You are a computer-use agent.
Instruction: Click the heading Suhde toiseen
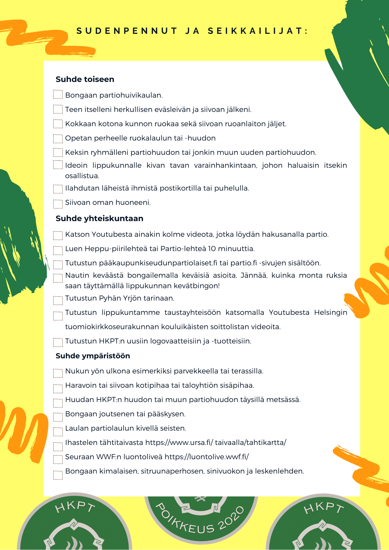(x=85, y=79)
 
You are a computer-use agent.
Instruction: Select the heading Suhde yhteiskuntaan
(x=99, y=219)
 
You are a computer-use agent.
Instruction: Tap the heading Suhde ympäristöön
(x=93, y=356)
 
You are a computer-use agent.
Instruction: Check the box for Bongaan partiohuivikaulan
(x=58, y=94)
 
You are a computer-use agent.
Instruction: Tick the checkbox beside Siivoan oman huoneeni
(x=58, y=204)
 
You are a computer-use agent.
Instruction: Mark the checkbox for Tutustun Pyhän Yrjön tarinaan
(x=58, y=300)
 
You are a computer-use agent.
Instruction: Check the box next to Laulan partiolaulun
(x=58, y=431)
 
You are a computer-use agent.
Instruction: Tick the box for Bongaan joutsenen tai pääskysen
(x=58, y=417)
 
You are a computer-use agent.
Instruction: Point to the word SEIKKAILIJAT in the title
(x=258, y=31)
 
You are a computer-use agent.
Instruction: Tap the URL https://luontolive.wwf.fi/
(x=207, y=457)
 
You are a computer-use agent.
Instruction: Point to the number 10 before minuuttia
(x=212, y=249)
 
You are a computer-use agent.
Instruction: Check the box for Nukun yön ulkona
(x=58, y=373)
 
